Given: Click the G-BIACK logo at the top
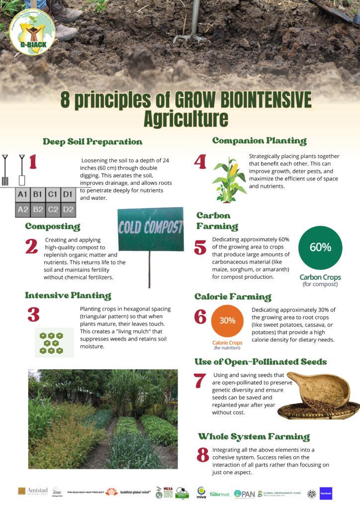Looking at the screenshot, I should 32,32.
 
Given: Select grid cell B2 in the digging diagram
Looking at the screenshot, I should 38,210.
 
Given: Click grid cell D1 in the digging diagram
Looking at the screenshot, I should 68,194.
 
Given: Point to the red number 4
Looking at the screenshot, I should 200,163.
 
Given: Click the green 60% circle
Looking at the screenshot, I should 320,248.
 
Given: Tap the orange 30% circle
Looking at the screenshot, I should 227,321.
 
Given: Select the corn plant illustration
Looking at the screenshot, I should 229,180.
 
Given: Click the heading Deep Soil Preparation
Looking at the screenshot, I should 92,142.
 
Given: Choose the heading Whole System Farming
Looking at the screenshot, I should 254,437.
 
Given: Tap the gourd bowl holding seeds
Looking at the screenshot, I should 319,390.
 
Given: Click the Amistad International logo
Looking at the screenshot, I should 32,491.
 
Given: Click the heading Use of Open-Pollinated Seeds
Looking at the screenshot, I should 261,361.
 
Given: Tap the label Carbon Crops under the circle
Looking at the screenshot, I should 320,277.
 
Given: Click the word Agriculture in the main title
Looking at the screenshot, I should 185,119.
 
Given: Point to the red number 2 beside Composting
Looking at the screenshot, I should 31,247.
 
